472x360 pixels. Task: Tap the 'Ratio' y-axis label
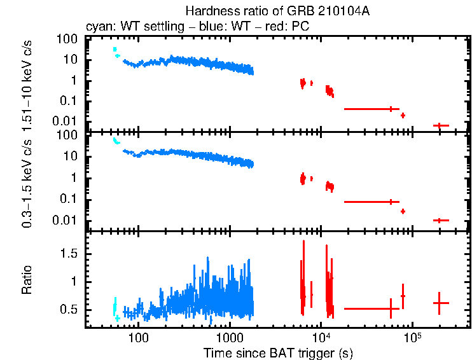coord(27,280)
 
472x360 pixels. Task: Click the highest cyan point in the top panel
coord(115,49)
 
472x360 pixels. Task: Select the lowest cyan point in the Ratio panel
coord(117,317)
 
